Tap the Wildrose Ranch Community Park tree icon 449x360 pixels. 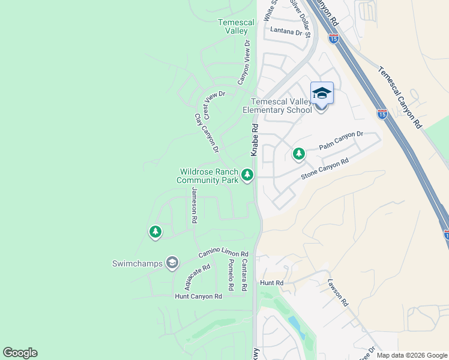coord(247,175)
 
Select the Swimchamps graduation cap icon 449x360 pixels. coord(172,263)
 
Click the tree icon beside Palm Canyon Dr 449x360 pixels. coord(298,154)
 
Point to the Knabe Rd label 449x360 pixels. coord(255,140)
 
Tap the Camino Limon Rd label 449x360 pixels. coord(223,255)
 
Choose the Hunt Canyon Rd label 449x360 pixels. coord(198,296)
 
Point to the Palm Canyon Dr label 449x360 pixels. coord(341,141)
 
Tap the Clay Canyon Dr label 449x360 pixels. coord(206,133)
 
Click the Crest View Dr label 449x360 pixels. coord(214,103)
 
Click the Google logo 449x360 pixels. coord(20,353)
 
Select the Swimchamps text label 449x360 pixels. coord(138,263)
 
